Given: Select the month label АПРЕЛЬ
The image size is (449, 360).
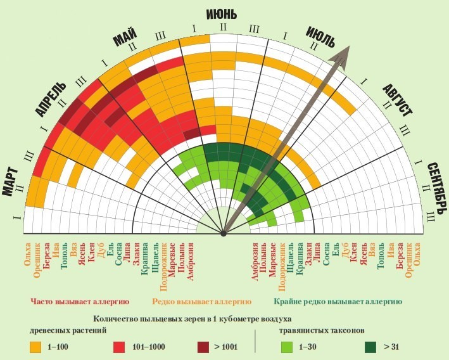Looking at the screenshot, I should point(49,100).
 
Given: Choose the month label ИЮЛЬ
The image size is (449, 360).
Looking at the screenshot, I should point(320,37).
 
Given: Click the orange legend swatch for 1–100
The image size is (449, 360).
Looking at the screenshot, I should point(36,347).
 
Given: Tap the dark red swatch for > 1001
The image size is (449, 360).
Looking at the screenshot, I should point(203,347).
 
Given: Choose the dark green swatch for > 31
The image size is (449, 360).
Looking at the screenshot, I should point(371,347).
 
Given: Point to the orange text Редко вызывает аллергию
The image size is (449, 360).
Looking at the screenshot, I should point(202,302).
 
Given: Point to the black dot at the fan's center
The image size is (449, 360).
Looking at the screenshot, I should point(224,235).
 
